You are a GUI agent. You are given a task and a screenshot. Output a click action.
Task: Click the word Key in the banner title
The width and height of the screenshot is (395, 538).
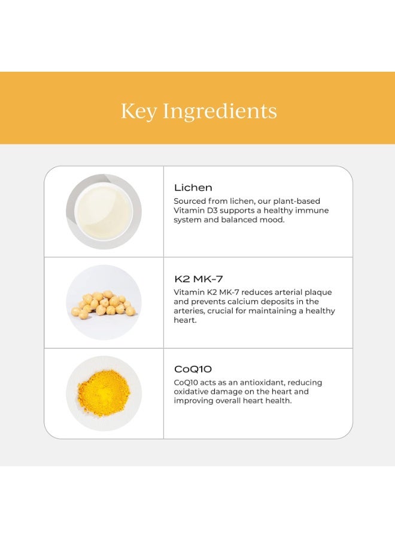click(139, 111)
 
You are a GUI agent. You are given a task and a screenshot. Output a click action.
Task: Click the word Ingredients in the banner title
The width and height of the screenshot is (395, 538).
click(220, 111)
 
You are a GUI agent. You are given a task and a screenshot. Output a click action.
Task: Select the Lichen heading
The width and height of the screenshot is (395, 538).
click(193, 188)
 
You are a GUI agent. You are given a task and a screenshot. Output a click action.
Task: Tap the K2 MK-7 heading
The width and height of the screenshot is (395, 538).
click(199, 279)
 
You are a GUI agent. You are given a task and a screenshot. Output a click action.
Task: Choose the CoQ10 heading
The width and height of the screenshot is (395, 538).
click(193, 369)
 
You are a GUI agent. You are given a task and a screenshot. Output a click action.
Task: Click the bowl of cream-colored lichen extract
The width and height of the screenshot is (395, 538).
click(104, 212)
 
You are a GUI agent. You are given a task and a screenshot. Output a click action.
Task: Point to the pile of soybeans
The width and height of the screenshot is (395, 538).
click(104, 303)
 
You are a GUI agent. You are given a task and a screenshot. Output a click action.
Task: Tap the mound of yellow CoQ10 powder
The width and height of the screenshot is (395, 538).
click(104, 394)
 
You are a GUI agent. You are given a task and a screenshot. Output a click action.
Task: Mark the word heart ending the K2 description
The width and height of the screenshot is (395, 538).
click(184, 320)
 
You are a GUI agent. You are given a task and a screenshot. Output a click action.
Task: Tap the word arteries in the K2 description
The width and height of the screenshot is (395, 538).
click(189, 311)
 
